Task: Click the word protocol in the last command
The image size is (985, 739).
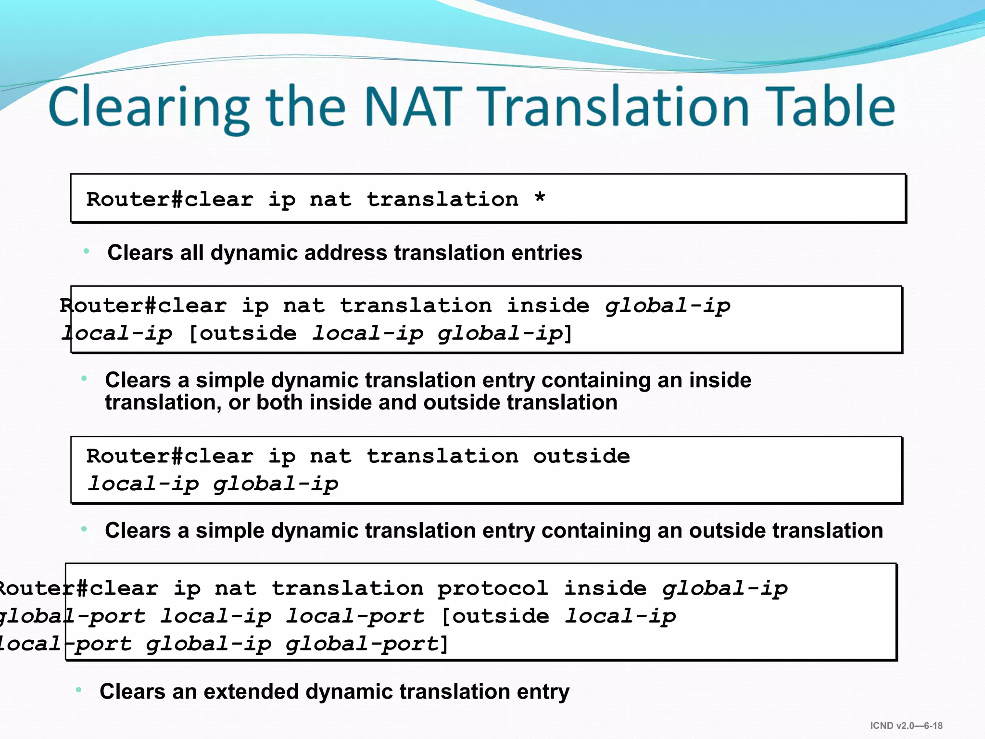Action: coord(492,588)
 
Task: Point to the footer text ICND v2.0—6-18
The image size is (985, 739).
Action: coord(906,726)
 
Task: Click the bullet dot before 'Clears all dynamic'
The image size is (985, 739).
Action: coord(87,251)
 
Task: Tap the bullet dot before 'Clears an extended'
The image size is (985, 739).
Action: coord(79,690)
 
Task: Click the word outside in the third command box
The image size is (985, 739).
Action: coord(581,456)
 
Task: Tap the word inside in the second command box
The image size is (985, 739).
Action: coord(548,306)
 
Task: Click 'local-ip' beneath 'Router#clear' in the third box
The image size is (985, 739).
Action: coord(142,484)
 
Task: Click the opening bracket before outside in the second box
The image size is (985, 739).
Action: coord(193,333)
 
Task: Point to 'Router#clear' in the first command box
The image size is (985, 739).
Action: coord(170,199)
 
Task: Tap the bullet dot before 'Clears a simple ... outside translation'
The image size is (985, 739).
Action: coord(84,529)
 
